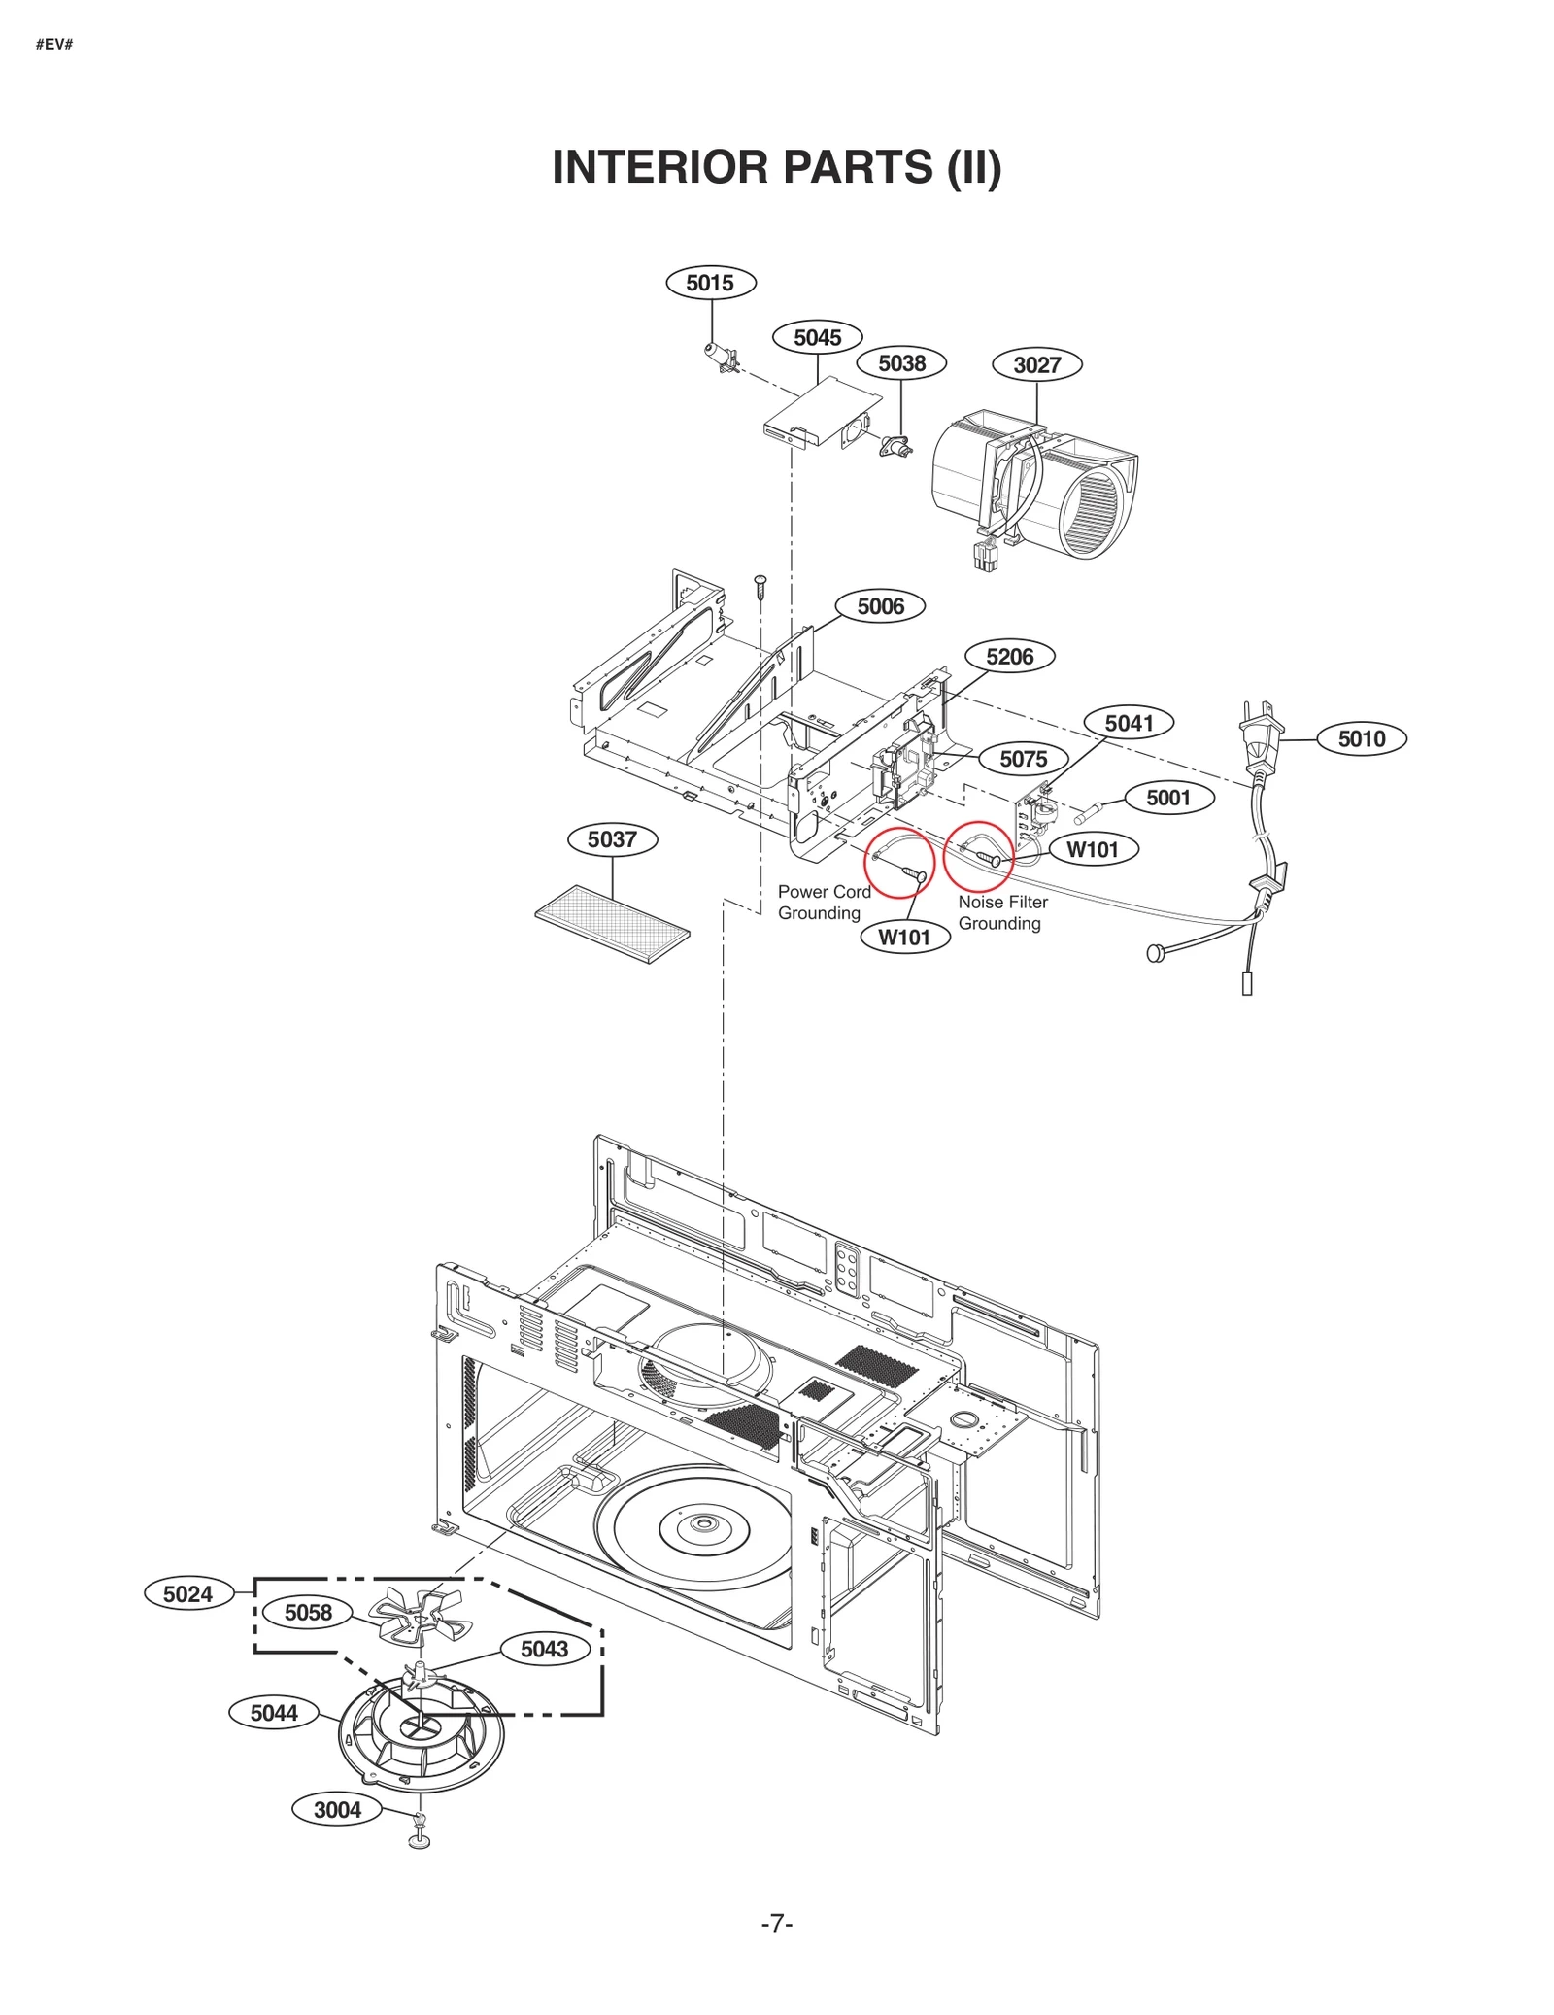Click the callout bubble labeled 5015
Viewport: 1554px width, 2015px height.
(710, 283)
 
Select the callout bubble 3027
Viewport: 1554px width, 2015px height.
(1036, 364)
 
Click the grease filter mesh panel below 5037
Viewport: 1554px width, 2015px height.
(612, 923)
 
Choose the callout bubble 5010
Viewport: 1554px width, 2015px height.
(1361, 738)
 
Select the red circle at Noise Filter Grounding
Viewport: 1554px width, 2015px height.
(978, 856)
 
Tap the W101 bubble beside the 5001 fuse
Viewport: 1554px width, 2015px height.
(1093, 849)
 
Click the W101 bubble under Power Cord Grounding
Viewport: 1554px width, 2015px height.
(904, 937)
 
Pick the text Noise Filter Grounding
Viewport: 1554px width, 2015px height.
(1002, 912)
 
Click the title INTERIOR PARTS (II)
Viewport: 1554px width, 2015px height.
(776, 167)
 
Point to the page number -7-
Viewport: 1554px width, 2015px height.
(776, 1924)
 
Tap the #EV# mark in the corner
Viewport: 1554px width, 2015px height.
(54, 45)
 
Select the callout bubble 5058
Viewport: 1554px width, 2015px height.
(308, 1612)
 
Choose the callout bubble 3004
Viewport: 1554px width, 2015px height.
(337, 1809)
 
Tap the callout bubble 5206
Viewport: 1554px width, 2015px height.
(1009, 656)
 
